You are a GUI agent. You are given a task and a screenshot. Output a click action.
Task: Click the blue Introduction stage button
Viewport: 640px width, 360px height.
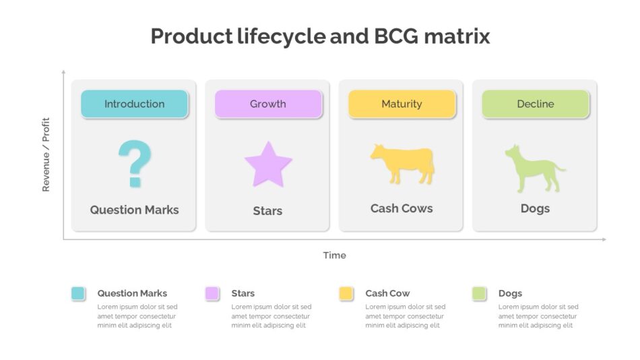tap(134, 104)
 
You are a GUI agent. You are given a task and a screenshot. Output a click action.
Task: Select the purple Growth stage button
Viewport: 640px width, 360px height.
tap(268, 104)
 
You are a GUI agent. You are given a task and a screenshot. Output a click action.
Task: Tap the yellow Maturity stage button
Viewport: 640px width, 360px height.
tap(402, 104)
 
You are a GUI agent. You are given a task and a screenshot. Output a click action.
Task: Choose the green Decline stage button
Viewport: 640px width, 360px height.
tap(536, 104)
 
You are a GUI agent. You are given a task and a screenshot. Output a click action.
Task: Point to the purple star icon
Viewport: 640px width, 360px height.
tap(268, 165)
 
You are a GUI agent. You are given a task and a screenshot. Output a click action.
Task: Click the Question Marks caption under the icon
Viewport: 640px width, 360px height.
tap(134, 210)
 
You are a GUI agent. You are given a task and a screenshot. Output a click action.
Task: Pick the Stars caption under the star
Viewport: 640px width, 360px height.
tap(267, 211)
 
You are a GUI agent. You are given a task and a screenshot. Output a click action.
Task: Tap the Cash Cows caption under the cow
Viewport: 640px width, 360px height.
tap(402, 208)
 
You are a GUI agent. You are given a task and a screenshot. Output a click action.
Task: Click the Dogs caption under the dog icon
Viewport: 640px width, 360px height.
tap(535, 209)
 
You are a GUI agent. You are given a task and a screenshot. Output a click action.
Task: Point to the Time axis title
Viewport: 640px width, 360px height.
tap(335, 256)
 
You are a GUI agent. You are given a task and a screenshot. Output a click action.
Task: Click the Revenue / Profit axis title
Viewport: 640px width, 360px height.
tap(46, 154)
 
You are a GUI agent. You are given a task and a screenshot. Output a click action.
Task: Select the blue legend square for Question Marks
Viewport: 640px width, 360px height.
tap(78, 293)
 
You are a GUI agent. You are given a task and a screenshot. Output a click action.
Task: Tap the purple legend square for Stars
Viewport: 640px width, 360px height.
tap(212, 293)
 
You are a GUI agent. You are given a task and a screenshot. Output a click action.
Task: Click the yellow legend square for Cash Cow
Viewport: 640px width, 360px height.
tap(346, 293)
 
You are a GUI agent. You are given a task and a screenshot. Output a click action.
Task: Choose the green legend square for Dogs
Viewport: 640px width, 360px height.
tap(479, 293)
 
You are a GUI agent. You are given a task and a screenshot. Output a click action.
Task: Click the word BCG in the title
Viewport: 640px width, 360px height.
tap(396, 36)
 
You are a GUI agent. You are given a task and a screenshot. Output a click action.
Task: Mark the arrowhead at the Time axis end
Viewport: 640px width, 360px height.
tap(604, 239)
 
